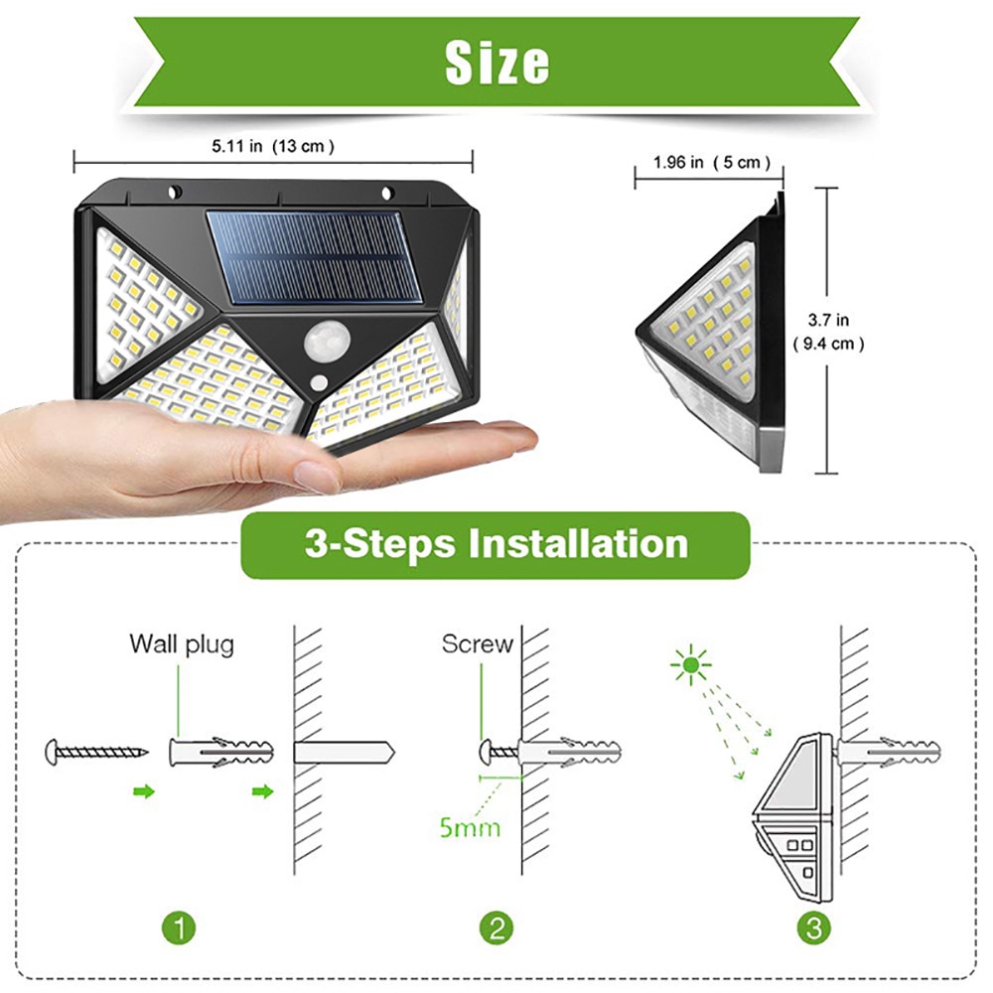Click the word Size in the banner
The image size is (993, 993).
(496, 63)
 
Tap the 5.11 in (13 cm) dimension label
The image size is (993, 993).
(272, 146)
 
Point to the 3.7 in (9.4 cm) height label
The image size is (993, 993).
(828, 332)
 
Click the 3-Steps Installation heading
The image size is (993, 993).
(496, 545)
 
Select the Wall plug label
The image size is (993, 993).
(182, 643)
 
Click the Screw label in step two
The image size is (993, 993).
(478, 643)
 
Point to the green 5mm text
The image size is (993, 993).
(470, 826)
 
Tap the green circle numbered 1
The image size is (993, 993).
(179, 928)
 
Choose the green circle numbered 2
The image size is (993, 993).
(496, 928)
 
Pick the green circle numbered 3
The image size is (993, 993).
(814, 928)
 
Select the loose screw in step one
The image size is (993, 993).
(96, 751)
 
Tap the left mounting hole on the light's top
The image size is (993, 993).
(175, 192)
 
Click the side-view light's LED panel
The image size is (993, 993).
(707, 316)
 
